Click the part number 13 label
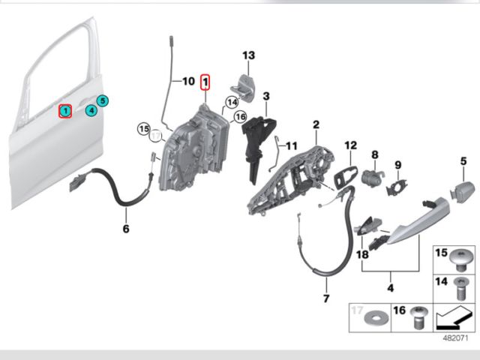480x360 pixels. [x=248, y=55]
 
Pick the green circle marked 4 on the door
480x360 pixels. [x=91, y=111]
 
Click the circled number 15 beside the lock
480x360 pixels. [x=143, y=130]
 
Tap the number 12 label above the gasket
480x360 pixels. [x=351, y=144]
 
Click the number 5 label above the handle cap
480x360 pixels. [x=463, y=160]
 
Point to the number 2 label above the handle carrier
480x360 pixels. [x=316, y=124]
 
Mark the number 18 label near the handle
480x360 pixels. [x=362, y=255]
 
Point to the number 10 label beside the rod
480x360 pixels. [x=187, y=79]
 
